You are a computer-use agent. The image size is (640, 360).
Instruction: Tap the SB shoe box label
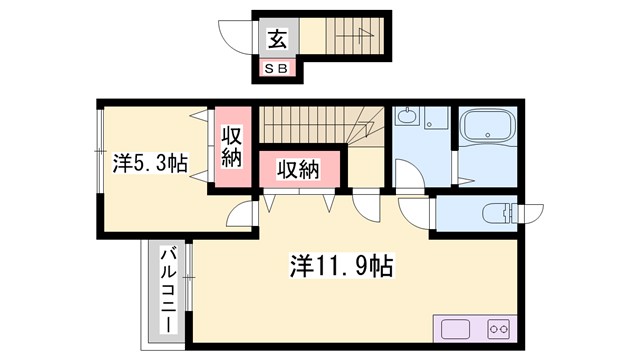pos(276,67)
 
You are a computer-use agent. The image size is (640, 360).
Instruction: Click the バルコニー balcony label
pos(169,291)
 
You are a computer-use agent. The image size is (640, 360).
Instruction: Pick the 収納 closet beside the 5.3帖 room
pos(231,146)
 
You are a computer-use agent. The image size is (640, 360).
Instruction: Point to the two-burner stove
pos(498,329)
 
